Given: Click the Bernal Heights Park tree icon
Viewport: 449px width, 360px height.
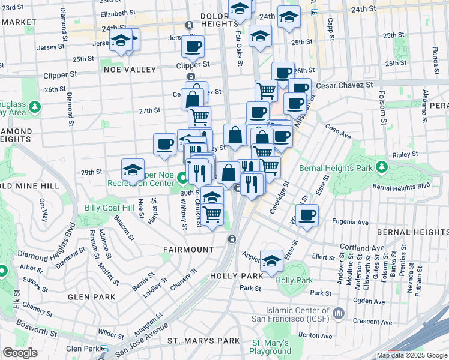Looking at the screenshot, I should (x=381, y=165).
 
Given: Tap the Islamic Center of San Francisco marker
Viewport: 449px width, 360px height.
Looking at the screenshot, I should (x=338, y=313).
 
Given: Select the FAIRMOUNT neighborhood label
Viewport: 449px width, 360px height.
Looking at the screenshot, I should (x=188, y=249).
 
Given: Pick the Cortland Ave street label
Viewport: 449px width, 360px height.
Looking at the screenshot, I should (x=361, y=247).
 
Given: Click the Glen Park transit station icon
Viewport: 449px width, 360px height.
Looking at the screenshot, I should (x=104, y=349).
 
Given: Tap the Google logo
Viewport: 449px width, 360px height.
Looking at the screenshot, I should (x=20, y=353).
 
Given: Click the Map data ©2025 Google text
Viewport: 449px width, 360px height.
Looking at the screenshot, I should (x=412, y=355).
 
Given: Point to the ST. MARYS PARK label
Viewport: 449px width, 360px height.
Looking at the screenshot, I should (x=195, y=341).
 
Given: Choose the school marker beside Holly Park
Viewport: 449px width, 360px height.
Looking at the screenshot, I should (x=271, y=260).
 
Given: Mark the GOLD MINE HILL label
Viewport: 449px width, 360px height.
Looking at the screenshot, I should (x=29, y=186).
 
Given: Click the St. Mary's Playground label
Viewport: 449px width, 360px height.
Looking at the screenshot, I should (x=271, y=347).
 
